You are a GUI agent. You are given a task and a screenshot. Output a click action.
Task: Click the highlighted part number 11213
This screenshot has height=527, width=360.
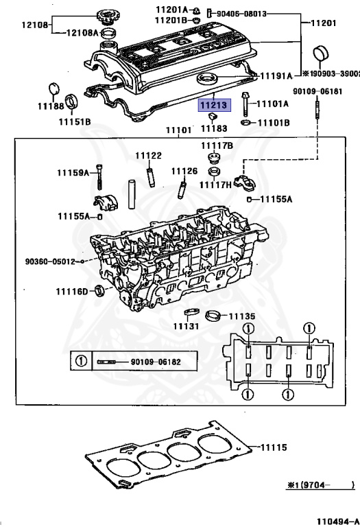tap(215, 106)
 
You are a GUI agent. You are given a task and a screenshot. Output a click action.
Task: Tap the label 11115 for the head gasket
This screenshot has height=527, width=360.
tap(275, 447)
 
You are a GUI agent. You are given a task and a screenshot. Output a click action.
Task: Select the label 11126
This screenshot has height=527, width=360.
tap(184, 171)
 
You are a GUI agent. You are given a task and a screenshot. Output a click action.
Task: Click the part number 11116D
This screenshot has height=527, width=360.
tap(72, 292)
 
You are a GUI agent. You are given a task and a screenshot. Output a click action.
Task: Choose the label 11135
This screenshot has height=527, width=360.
tap(241, 316)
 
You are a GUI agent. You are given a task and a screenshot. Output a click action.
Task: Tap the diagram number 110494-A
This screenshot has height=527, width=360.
tap(337, 521)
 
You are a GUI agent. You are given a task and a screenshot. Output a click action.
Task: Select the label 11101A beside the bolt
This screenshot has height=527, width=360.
tap(272, 104)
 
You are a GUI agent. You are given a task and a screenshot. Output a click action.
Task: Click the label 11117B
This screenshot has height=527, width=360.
tap(217, 145)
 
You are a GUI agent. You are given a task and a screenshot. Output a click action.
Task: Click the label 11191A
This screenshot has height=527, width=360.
tap(277, 74)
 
